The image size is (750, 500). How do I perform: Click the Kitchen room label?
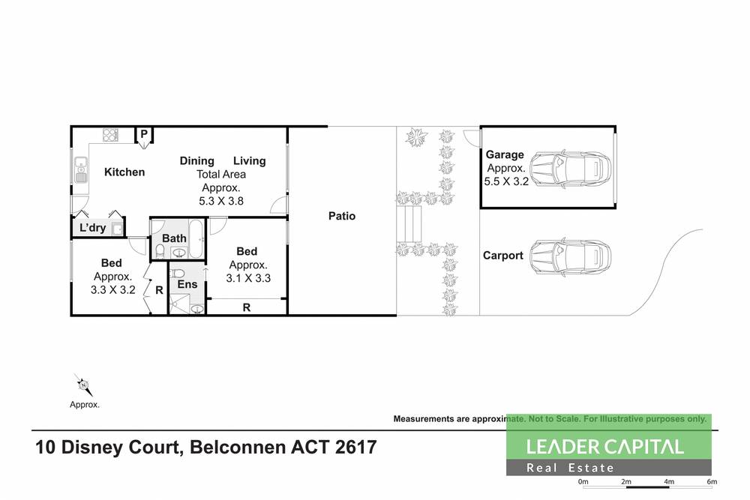point(124,172)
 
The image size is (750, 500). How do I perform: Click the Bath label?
point(174,238)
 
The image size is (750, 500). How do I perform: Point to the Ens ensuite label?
point(186,285)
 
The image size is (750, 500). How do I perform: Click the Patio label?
point(342,216)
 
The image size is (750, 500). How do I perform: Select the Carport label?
point(502,256)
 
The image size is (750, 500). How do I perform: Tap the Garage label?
point(505,155)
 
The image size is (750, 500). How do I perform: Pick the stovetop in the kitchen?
point(111,136)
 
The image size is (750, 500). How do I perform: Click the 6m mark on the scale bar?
point(711,481)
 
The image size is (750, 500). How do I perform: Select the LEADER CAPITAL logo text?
point(604,447)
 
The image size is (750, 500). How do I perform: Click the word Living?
point(250,160)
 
